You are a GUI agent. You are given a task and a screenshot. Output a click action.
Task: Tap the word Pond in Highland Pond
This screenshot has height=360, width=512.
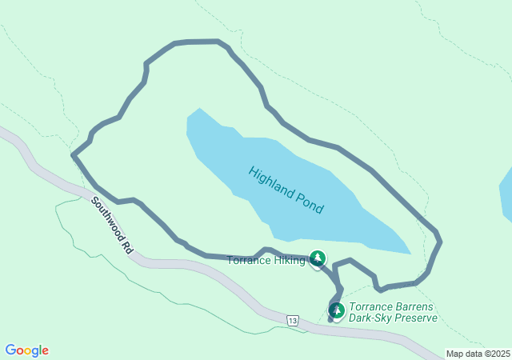(x=308, y=204)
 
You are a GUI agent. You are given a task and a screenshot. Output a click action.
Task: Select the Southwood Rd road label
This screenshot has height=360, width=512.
(x=112, y=226)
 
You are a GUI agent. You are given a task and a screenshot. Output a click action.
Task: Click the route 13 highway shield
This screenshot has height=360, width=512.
(x=293, y=320)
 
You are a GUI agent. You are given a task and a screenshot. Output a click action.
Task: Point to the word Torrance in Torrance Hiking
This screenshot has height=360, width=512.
(x=248, y=260)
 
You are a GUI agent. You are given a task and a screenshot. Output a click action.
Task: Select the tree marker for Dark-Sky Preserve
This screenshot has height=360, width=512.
(x=337, y=310)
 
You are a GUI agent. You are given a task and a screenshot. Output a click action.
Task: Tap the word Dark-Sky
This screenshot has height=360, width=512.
(x=373, y=318)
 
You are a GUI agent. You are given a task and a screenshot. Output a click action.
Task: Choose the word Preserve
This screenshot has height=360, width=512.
(x=417, y=318)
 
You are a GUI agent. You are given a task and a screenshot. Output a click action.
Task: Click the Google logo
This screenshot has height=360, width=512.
(x=26, y=350)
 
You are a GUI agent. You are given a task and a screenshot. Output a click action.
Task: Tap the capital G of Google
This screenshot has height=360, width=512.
(x=10, y=350)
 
